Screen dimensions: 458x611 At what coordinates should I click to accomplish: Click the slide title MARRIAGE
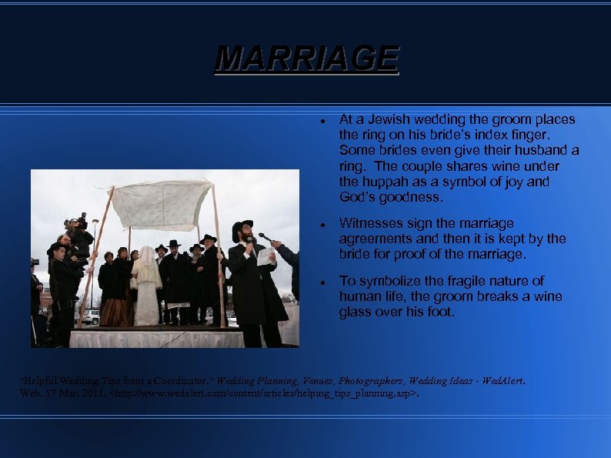(x=306, y=59)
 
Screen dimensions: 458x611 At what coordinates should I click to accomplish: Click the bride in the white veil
(x=146, y=285)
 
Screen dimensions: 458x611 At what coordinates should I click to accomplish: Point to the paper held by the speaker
(x=265, y=256)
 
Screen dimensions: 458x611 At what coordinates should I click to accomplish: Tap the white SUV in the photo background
(x=92, y=316)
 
